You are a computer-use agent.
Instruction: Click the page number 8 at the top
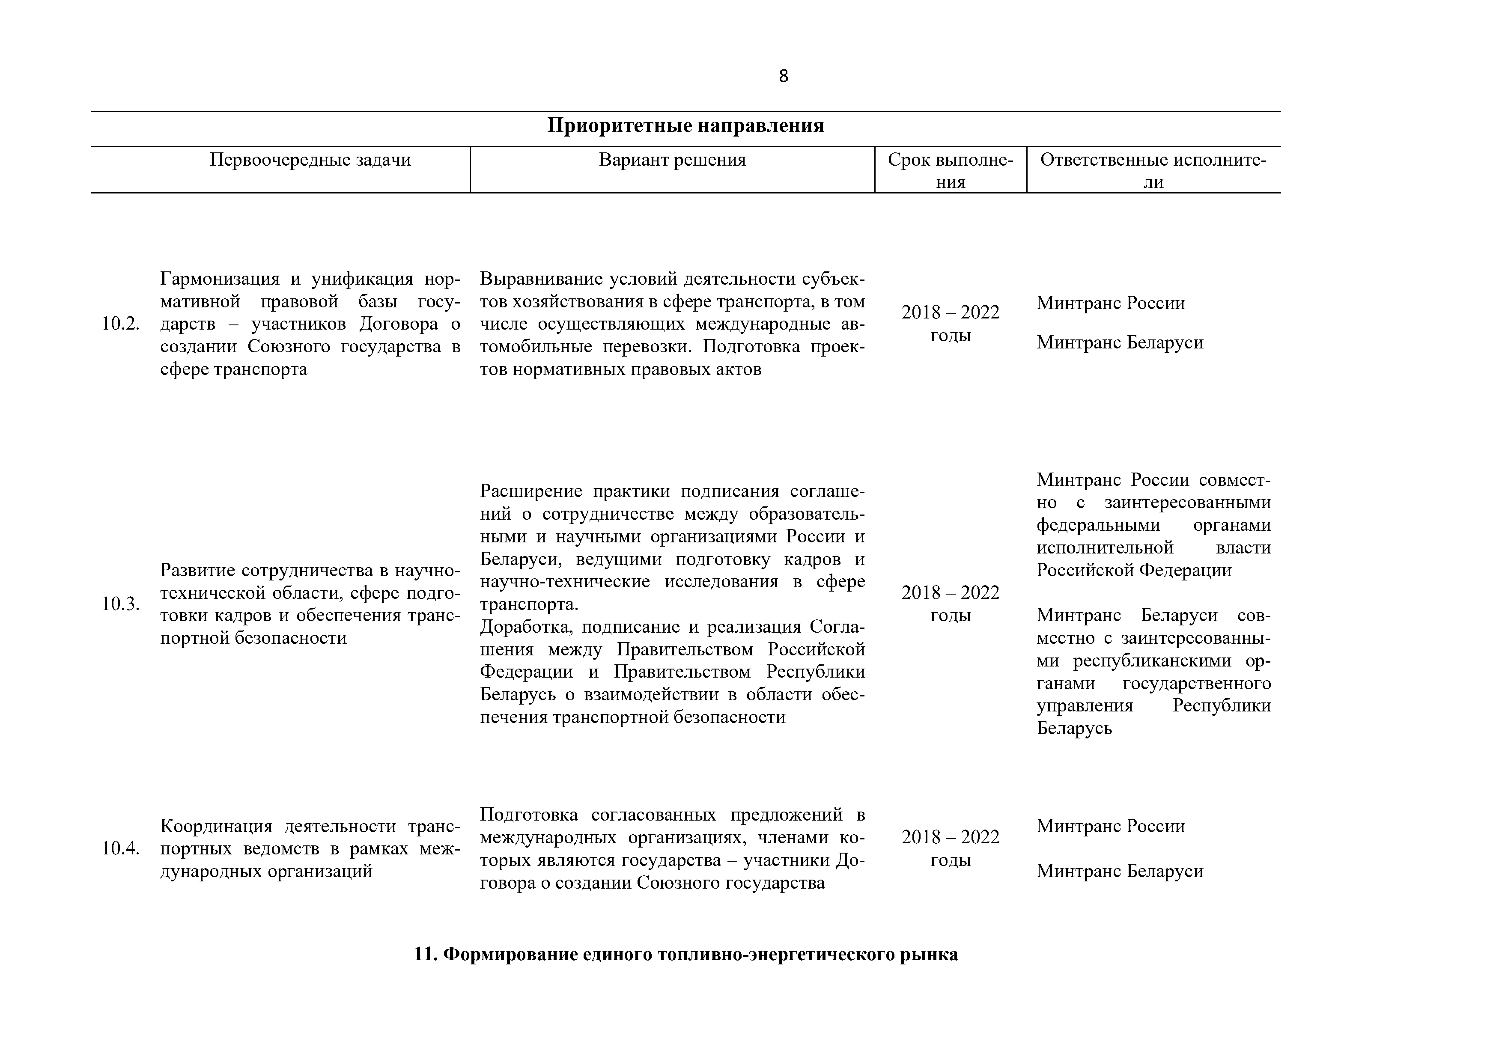[x=783, y=77]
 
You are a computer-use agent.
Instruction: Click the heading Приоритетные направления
[x=685, y=125]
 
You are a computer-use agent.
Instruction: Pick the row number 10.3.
[x=120, y=604]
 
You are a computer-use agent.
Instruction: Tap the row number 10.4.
[x=120, y=849]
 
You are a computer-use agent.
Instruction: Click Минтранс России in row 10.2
[x=1110, y=303]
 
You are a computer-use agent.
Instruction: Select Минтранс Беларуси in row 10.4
[x=1119, y=872]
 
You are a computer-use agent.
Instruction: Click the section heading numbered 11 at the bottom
[x=685, y=955]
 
